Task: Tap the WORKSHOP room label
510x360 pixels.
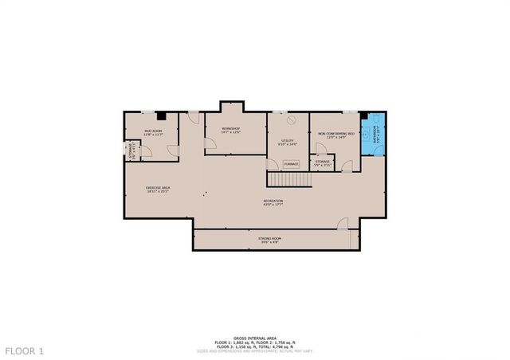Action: tap(231, 130)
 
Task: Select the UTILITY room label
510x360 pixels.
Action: tap(287, 143)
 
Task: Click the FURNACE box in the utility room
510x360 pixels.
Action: tap(291, 164)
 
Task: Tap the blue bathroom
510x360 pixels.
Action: tap(372, 139)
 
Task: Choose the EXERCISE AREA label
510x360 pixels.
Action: tap(158, 189)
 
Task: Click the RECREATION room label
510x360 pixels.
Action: tap(273, 202)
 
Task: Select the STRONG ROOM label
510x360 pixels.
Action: tap(269, 239)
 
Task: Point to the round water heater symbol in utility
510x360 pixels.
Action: tap(292, 120)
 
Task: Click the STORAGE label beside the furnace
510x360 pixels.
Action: tap(322, 162)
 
